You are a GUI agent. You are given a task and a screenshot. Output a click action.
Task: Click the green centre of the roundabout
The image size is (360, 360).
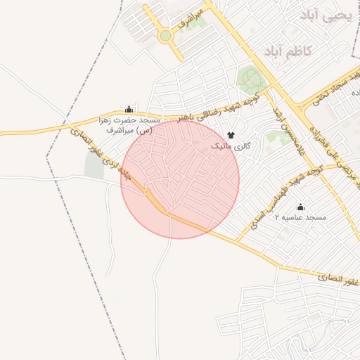(165, 35)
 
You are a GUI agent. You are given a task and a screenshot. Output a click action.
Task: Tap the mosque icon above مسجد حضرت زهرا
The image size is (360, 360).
(129, 110)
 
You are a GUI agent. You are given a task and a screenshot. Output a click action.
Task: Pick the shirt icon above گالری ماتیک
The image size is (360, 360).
(230, 135)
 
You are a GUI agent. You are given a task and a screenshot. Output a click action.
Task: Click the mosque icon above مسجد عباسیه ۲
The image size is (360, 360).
(301, 207)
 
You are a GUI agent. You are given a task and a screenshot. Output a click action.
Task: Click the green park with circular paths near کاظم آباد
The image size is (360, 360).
(252, 79)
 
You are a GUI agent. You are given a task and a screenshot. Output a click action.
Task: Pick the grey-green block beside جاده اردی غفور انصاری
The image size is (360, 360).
(94, 165)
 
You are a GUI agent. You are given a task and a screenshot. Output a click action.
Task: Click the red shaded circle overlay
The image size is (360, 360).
(180, 179)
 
